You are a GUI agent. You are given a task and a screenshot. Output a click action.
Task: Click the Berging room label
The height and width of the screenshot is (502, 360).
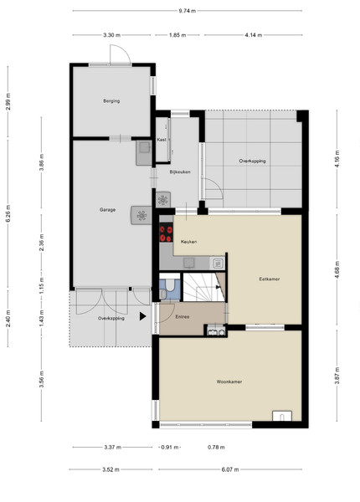111,101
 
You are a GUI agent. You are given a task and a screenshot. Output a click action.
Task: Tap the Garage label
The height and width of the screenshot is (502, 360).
107,210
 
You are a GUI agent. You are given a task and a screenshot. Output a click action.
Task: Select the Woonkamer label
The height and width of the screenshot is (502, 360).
229,382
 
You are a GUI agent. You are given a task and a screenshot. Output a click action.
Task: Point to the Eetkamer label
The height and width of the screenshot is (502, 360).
270,279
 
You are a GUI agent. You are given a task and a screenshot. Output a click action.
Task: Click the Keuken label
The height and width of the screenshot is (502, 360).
188,242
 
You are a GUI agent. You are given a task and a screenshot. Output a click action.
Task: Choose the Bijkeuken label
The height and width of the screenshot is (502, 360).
180,172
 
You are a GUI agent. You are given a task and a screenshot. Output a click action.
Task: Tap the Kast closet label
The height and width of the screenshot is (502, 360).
162,140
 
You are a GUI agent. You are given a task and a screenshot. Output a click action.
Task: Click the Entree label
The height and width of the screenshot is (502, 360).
183,316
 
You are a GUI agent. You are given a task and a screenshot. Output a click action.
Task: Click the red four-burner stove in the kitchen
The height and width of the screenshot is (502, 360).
167,233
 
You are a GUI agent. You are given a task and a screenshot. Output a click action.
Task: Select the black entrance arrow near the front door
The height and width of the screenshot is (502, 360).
142,316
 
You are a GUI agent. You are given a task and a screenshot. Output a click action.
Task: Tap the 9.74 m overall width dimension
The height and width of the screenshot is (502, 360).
188,11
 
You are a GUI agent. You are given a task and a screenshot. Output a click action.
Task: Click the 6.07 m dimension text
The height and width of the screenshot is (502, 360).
230,469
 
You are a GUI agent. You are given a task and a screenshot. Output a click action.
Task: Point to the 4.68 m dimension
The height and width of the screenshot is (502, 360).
337,269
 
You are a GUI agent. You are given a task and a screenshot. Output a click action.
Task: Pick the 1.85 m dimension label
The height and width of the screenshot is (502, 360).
177,35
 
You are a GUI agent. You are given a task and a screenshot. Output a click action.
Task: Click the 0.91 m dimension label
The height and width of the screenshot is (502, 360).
169,448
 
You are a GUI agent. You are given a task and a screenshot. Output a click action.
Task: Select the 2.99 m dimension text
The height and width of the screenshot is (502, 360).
8,101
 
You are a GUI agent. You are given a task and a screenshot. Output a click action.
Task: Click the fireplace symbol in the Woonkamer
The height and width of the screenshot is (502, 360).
282,416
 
